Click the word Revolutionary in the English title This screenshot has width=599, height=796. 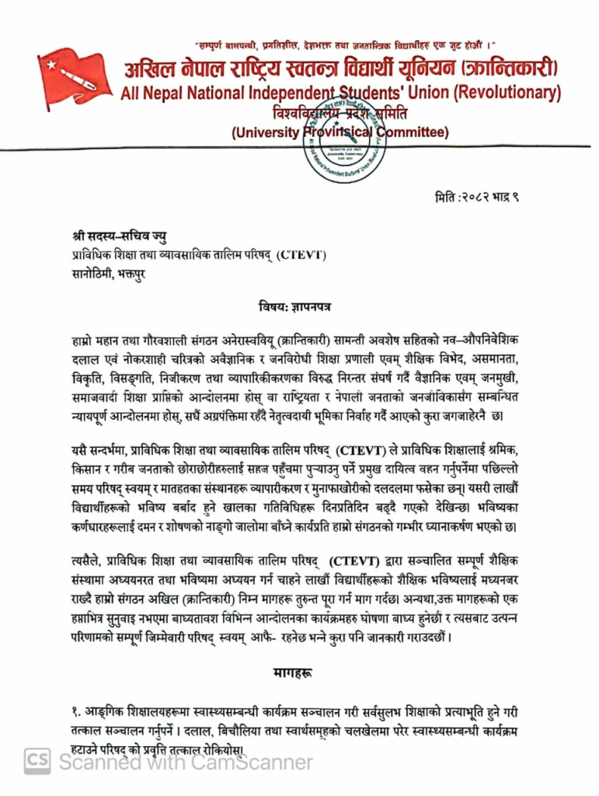[507, 93]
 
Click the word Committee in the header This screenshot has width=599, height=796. [413, 132]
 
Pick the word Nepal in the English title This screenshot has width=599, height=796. [165, 93]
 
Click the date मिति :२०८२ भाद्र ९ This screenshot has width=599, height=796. [476, 197]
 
